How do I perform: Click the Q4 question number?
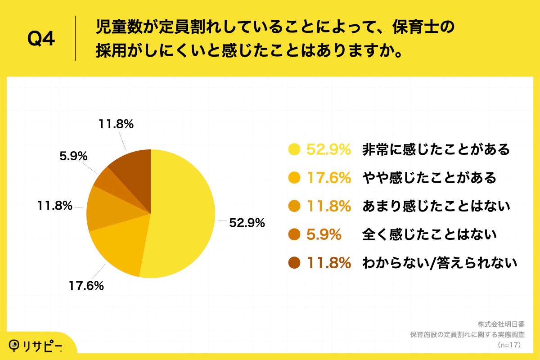[41, 39]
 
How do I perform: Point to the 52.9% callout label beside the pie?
[247, 223]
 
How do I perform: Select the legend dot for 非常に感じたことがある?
[295, 149]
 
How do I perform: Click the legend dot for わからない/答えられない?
[295, 263]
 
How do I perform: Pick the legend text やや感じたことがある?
[429, 178]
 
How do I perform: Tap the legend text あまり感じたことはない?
[436, 206]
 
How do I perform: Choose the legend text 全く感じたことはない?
[429, 234]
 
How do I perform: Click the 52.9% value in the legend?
[328, 149]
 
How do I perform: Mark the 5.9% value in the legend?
[324, 234]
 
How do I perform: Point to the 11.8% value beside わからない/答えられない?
[328, 263]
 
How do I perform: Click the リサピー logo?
[36, 345]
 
